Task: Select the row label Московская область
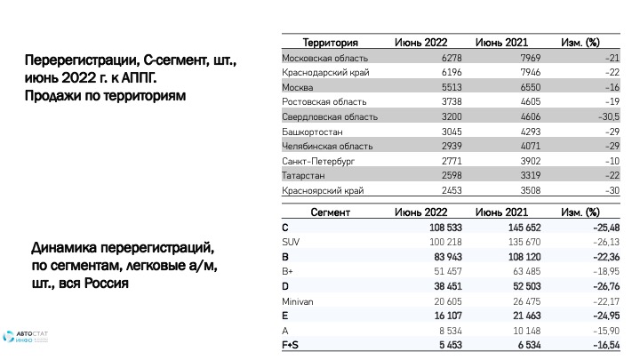[x=318, y=58]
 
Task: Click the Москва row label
[x=297, y=87]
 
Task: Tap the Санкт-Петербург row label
[x=316, y=161]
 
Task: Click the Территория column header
[x=330, y=42]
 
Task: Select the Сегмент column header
[x=330, y=213]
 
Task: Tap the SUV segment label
[x=291, y=243]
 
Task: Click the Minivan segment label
[x=298, y=301]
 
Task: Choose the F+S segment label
[x=291, y=345]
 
